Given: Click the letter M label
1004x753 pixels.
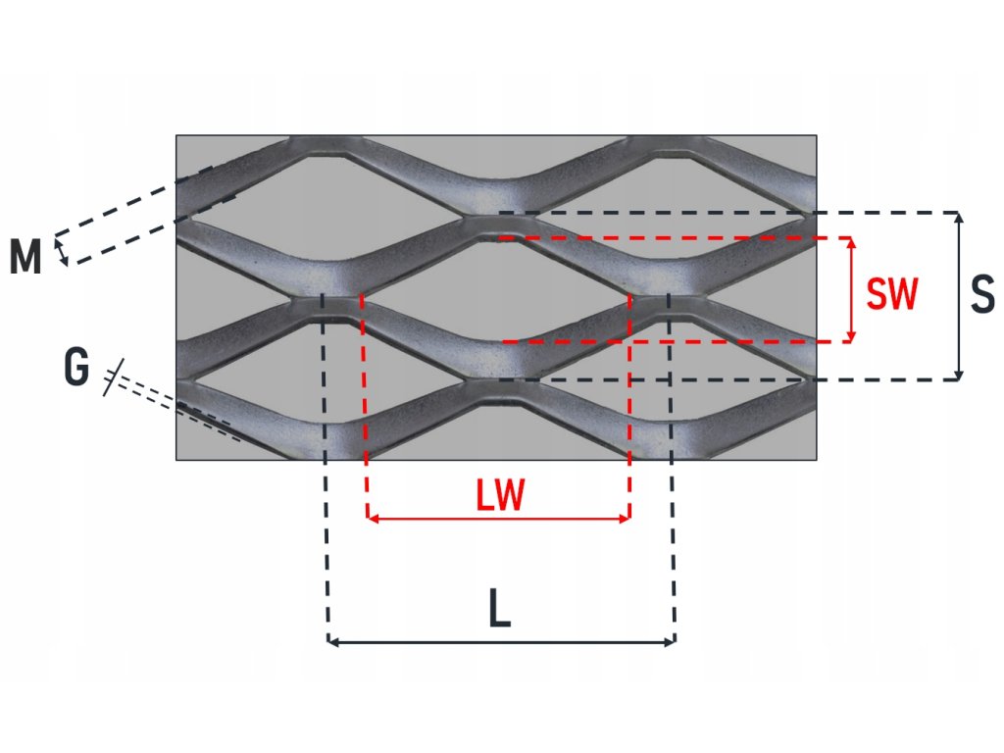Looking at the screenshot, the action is tap(25, 258).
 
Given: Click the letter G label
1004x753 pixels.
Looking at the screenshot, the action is tap(75, 369).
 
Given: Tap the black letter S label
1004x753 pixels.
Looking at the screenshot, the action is tap(982, 295).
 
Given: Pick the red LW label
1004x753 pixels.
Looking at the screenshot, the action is tap(500, 497).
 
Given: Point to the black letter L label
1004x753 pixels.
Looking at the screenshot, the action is tap(500, 613).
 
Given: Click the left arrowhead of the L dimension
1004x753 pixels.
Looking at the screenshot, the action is tap(331, 642).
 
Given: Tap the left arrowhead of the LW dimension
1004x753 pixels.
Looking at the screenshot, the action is tap(372, 518).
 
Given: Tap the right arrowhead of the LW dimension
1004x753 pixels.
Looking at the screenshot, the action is tap(625, 518).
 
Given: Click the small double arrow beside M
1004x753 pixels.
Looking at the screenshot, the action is tap(62, 250).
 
